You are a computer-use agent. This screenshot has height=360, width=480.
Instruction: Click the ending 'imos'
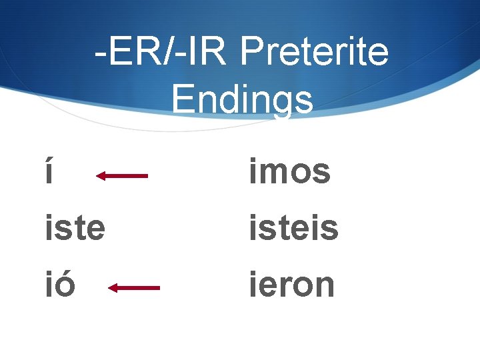(x=290, y=171)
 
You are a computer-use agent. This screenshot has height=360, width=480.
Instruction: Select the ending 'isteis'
(x=294, y=228)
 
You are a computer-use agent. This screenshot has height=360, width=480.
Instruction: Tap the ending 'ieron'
(x=291, y=285)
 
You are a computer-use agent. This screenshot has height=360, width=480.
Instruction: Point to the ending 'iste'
(x=75, y=228)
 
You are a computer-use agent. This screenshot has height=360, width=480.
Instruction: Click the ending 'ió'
(x=59, y=285)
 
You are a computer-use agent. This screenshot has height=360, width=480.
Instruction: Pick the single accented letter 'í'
(x=49, y=171)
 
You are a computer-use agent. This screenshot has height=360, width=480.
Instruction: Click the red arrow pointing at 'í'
(x=122, y=176)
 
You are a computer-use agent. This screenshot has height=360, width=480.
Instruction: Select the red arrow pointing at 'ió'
(x=134, y=288)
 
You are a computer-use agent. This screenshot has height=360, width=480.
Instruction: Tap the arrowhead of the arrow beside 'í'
(x=101, y=176)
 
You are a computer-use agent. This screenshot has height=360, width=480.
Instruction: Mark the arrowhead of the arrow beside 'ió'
(x=113, y=288)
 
